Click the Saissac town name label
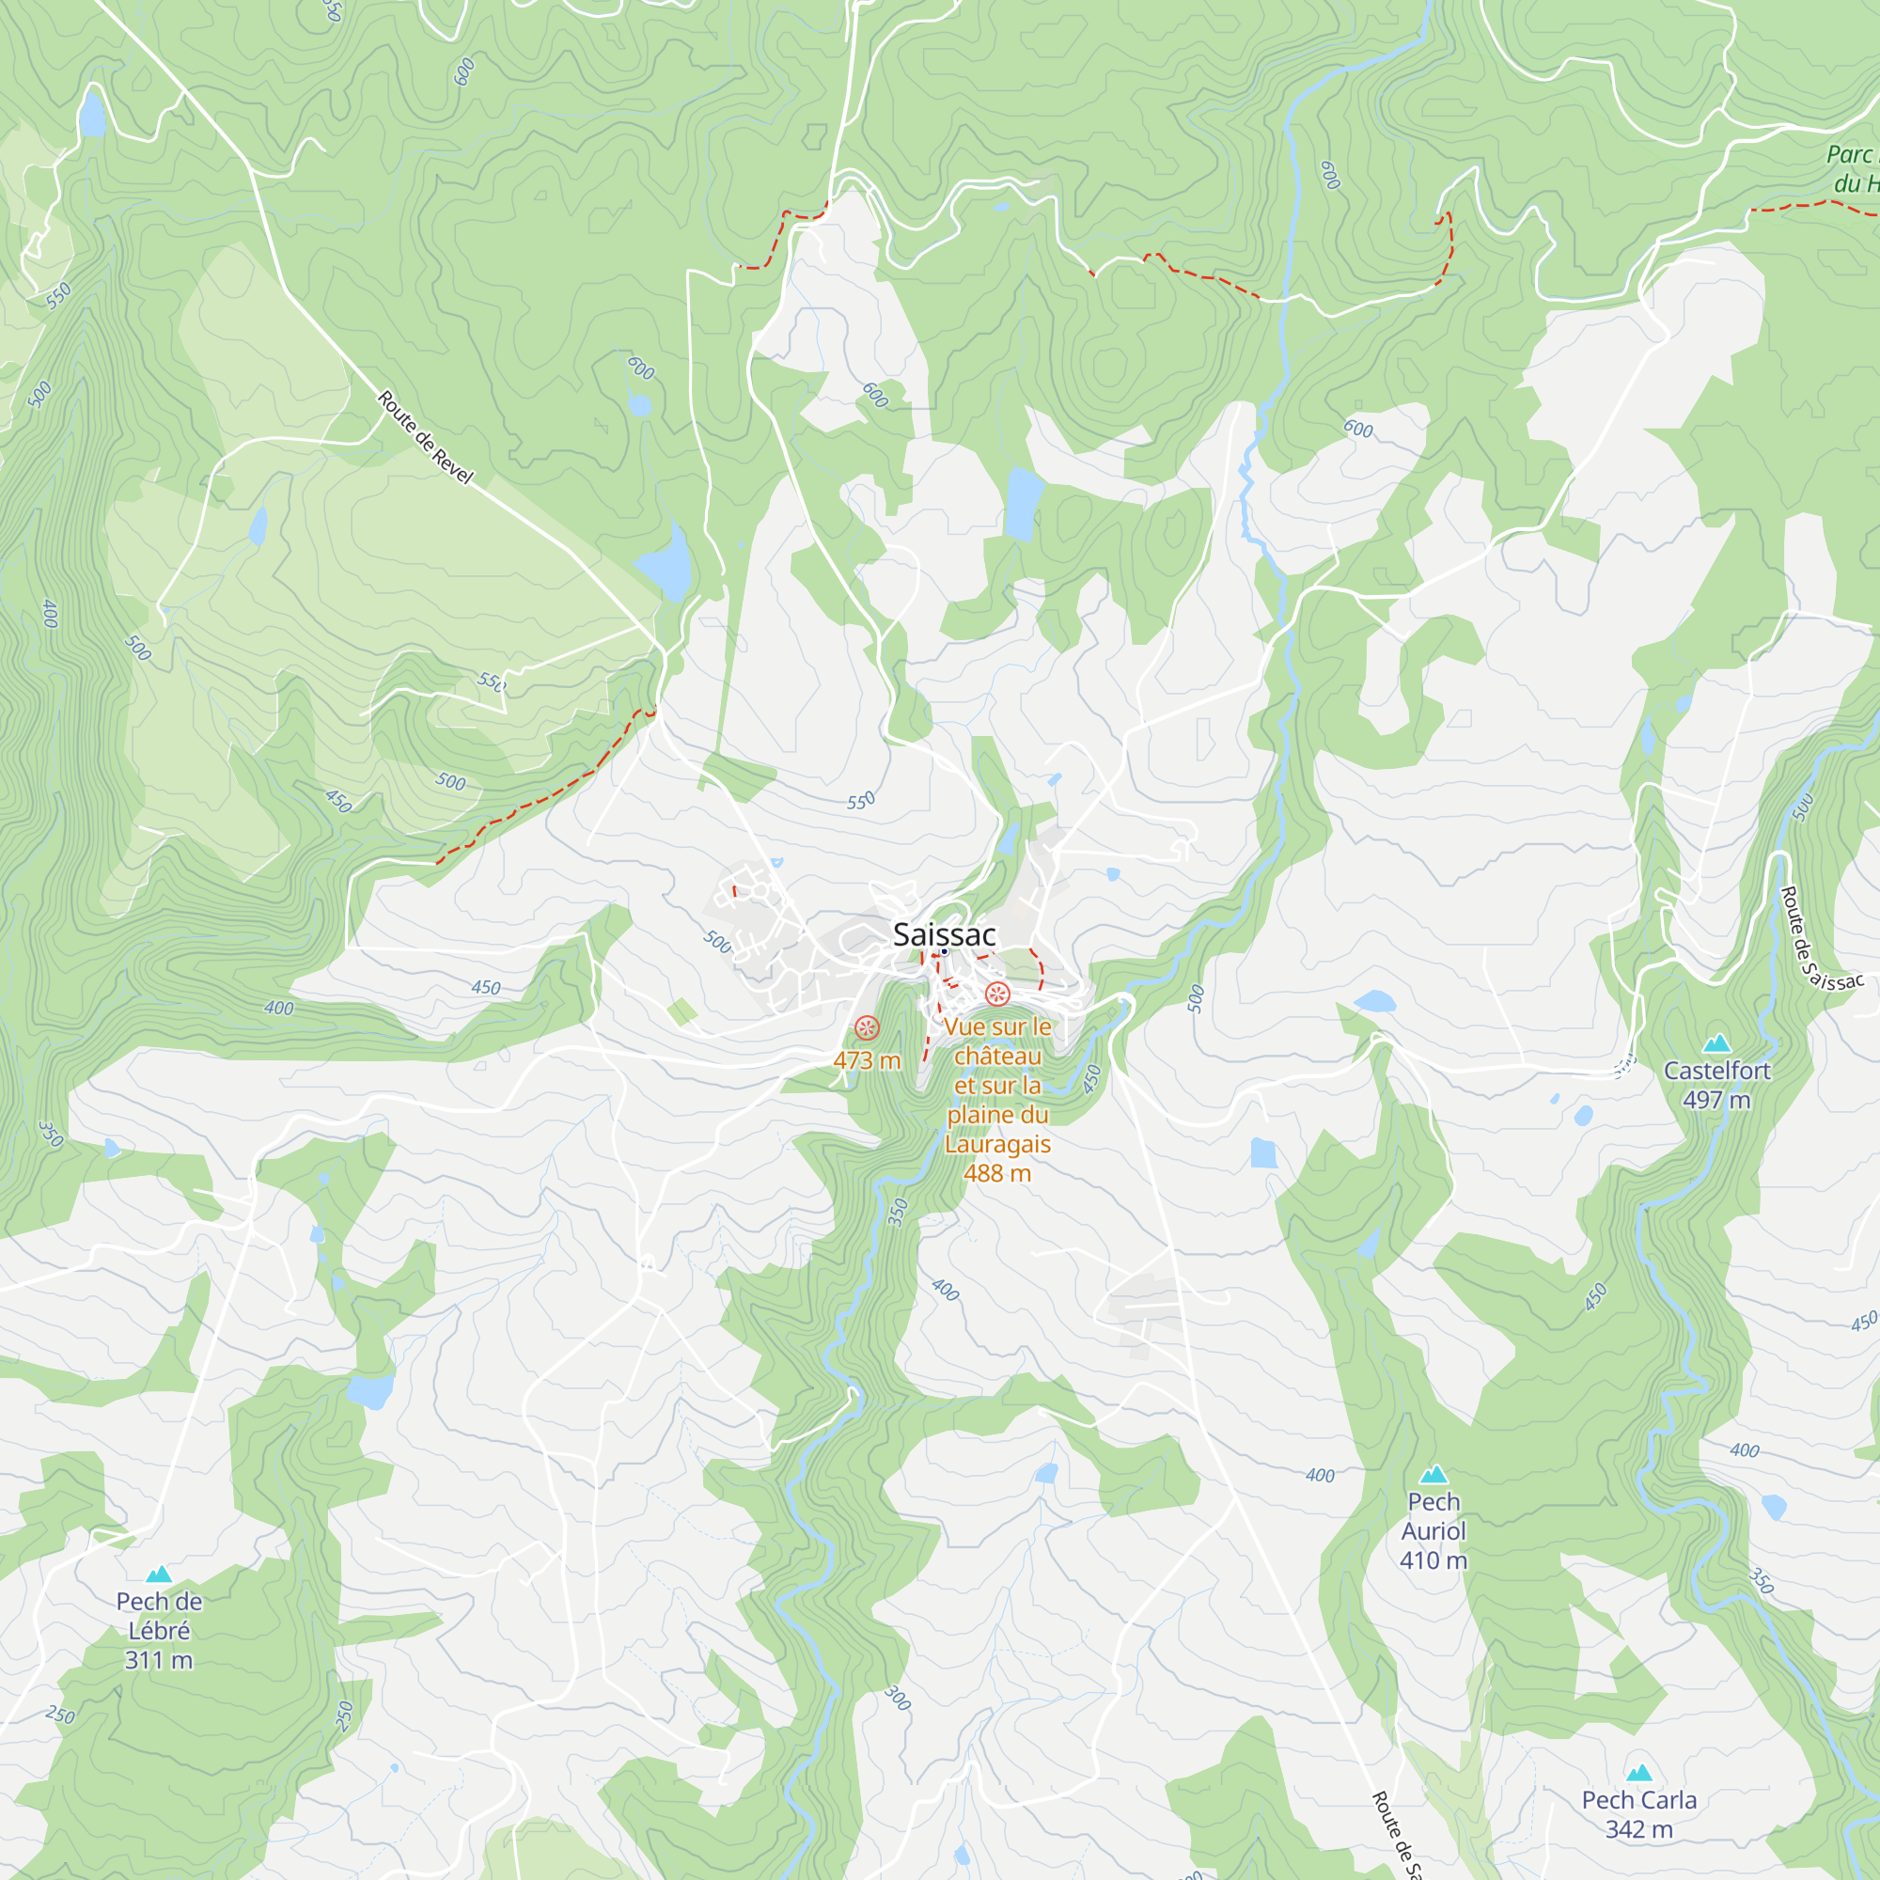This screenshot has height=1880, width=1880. (x=944, y=935)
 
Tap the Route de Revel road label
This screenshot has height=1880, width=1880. (x=425, y=437)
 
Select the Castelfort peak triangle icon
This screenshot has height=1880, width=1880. (x=1716, y=1043)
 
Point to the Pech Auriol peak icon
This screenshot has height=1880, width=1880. (x=1433, y=1474)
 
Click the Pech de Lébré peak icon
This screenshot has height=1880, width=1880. (x=159, y=1574)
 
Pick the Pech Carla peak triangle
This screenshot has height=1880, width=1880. (x=1638, y=1773)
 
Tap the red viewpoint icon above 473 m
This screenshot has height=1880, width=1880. (x=866, y=1027)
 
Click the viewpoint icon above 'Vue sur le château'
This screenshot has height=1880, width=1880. (x=996, y=994)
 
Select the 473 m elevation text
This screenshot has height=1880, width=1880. (x=866, y=1060)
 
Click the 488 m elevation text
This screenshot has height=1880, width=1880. (x=997, y=1173)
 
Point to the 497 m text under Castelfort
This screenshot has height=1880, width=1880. (x=1716, y=1101)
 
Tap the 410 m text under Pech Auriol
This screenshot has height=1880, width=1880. (x=1433, y=1560)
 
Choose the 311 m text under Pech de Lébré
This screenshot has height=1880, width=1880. (x=159, y=1660)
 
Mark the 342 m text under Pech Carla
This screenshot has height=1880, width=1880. (x=1638, y=1830)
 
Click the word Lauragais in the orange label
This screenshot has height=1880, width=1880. (x=997, y=1144)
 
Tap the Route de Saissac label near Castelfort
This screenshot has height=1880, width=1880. (x=1819, y=940)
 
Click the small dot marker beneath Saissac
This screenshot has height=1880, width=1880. (x=944, y=951)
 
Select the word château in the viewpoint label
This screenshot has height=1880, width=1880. (x=997, y=1056)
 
